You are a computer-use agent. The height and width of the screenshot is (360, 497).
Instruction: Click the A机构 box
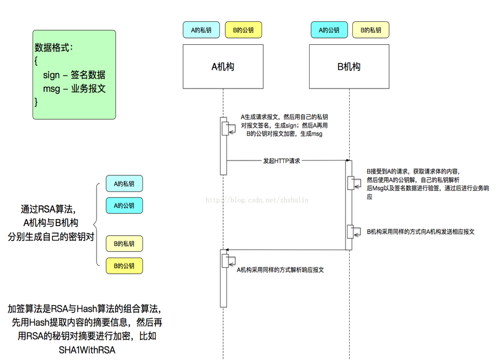click(223, 67)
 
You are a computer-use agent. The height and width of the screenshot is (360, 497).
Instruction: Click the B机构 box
click(349, 67)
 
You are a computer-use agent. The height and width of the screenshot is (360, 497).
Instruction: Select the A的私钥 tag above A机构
click(201, 30)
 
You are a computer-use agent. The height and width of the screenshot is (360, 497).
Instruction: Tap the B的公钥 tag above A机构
click(243, 30)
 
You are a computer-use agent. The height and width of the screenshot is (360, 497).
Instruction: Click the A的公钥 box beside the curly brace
click(124, 205)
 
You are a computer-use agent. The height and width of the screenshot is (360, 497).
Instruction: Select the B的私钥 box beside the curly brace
click(124, 244)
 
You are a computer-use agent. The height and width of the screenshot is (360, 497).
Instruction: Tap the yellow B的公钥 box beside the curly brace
click(124, 265)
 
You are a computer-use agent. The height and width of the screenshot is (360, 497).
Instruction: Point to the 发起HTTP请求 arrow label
click(281, 160)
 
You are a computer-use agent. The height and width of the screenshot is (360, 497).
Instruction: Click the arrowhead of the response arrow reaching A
click(228, 250)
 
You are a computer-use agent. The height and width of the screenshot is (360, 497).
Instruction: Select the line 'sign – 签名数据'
click(74, 75)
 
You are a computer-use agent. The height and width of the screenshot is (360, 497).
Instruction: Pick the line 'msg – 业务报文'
click(74, 89)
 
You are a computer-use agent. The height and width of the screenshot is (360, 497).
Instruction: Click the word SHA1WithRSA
click(87, 350)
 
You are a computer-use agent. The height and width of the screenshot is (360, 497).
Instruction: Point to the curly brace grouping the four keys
click(96, 224)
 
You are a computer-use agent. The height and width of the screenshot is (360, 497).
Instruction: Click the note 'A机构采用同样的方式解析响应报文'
click(280, 270)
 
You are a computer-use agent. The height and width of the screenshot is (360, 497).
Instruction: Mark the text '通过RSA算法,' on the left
click(51, 209)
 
